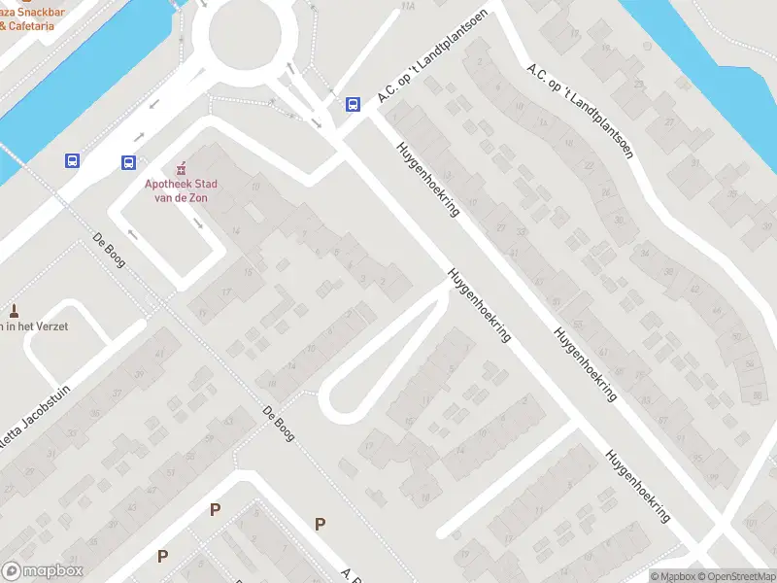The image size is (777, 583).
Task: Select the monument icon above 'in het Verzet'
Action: coord(14,311)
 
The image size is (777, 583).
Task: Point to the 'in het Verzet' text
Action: coord(35,326)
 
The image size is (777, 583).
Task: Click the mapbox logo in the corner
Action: coord(43,571)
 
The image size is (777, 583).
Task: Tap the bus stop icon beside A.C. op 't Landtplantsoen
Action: coord(353,105)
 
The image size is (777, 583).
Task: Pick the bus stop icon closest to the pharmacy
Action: coord(129,162)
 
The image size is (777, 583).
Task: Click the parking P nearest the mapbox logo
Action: coord(163,557)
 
